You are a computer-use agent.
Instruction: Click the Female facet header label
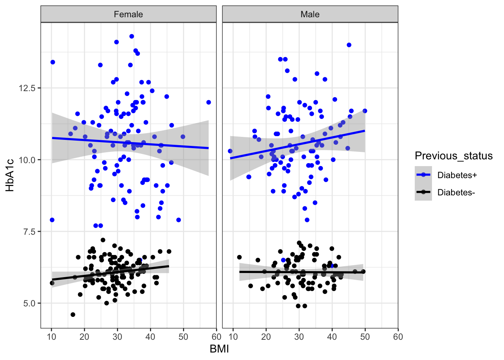(128, 14)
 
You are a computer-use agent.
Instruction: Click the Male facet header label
(310, 14)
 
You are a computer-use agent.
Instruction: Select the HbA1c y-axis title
(10, 175)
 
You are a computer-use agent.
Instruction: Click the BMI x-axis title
(219, 349)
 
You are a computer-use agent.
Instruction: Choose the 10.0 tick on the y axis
(28, 160)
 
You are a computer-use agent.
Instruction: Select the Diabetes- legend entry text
(456, 192)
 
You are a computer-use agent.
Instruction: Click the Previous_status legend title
(454, 156)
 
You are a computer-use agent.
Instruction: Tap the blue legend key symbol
(423, 175)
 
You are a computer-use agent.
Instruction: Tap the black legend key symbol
(423, 192)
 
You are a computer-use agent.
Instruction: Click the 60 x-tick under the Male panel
(398, 337)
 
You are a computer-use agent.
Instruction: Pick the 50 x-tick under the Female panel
(183, 337)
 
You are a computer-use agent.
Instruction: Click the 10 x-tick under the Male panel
(233, 337)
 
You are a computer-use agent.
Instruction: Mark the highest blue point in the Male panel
(349, 45)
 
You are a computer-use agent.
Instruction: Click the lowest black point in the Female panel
(73, 315)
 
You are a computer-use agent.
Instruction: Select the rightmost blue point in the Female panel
(208, 102)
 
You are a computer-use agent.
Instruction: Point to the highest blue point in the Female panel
(132, 36)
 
